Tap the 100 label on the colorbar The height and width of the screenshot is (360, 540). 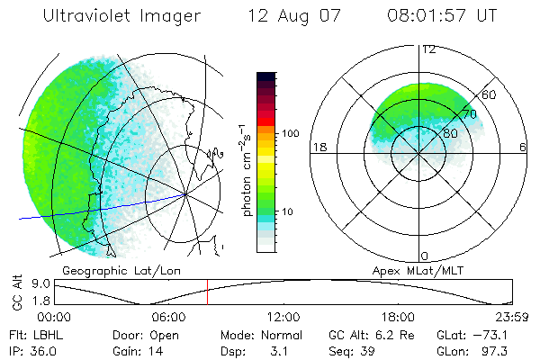coord(289,133)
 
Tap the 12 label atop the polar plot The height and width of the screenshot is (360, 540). coord(429,49)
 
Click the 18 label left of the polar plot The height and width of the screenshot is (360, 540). coord(319,147)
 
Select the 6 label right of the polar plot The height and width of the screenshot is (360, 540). coord(523,147)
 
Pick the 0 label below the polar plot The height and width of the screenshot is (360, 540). coord(424,256)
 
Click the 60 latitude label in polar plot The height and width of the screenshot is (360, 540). coord(490,94)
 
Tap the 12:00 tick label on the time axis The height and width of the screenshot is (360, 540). coord(283,317)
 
